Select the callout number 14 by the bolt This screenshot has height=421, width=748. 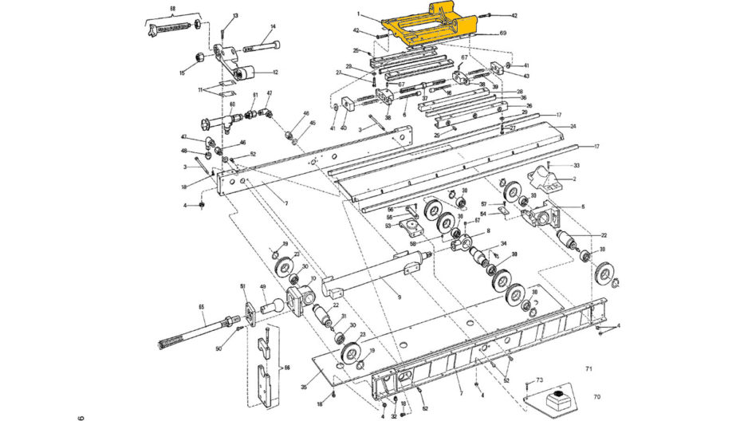[272, 26]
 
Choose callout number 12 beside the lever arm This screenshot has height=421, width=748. [275, 73]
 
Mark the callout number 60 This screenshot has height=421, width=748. [233, 104]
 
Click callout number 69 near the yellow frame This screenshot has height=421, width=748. [503, 33]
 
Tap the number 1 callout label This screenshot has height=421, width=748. [359, 14]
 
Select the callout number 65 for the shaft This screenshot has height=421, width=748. [201, 307]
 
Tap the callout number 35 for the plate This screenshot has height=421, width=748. [304, 387]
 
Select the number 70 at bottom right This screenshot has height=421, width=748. [596, 396]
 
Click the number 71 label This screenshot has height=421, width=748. [589, 369]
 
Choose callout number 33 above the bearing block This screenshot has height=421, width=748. [576, 165]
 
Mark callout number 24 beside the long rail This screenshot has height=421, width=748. [572, 127]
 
